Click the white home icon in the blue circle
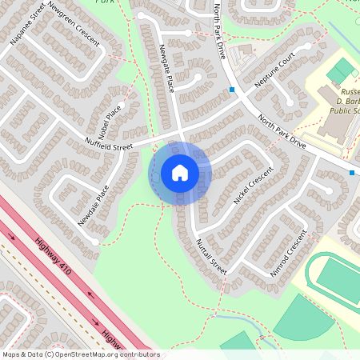(179, 173)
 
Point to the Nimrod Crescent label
(288, 253)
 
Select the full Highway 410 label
(54, 257)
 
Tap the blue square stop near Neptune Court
(232, 90)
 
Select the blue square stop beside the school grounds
(351, 172)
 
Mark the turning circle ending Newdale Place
(95, 240)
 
